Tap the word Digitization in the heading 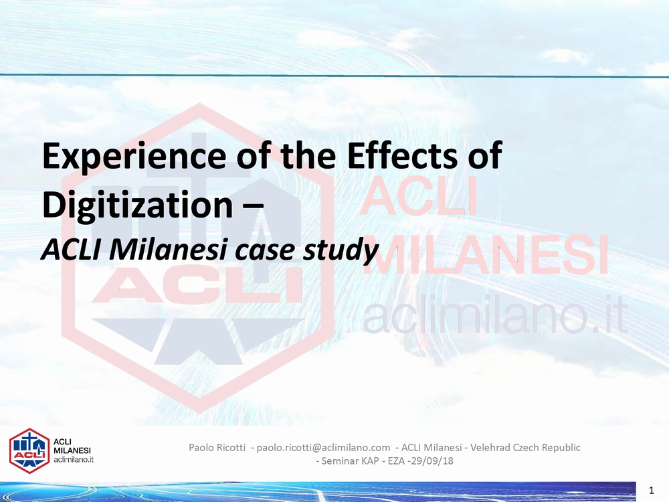[137, 204]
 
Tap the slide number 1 [651, 491]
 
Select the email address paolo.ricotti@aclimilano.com [323, 447]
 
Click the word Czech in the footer [525, 447]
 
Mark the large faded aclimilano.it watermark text [495, 313]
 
